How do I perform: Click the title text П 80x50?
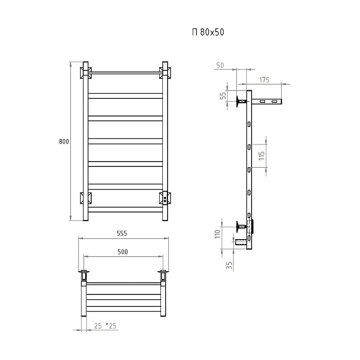coord(208,32)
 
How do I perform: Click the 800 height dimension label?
coord(64,141)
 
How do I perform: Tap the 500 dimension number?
coord(123,252)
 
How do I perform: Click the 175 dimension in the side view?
coord(264,80)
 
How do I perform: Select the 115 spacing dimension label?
coord(262,155)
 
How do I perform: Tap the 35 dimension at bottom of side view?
coord(229,266)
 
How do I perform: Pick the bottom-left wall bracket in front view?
coord(86,198)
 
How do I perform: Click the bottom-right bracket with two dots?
coord(165,198)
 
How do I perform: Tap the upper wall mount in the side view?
coord(241,102)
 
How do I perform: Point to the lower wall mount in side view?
coord(241,227)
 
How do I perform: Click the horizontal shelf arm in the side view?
coord(267,102)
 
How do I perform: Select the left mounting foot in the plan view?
coord(84,276)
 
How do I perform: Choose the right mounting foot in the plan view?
coord(163,276)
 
